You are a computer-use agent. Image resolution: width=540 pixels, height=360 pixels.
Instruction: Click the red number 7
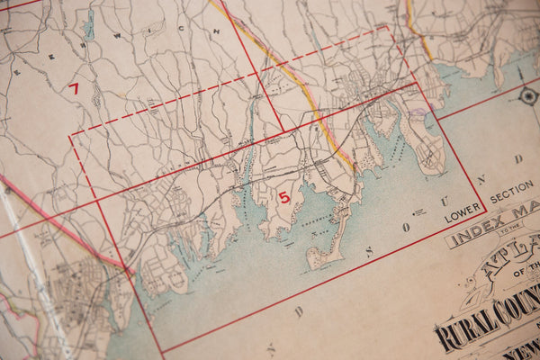(74, 88)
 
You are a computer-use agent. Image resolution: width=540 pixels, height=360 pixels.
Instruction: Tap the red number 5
(284, 197)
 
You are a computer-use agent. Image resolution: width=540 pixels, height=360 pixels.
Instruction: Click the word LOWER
(463, 216)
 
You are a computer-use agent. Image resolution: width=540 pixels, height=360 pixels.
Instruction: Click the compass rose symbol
(528, 95)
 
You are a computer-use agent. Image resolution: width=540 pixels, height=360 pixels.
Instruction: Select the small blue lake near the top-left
(89, 28)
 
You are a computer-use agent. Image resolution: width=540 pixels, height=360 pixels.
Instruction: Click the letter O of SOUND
(406, 227)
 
